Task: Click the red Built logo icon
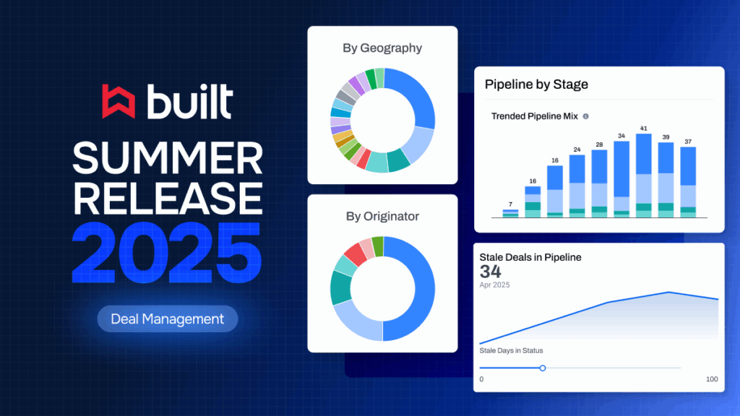119,101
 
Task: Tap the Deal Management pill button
168,318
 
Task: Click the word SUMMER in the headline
168,158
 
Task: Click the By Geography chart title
382,48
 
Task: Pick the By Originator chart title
382,217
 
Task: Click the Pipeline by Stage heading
536,84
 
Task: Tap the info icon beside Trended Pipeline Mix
585,116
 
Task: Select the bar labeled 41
644,175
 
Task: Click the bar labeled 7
511,214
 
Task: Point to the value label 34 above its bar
621,136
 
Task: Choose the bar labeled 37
688,182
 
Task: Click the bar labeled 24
577,186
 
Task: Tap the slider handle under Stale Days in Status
543,368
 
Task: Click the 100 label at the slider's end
712,379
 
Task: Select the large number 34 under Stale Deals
491,272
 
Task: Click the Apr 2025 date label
494,285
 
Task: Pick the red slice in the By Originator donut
356,254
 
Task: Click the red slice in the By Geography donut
363,160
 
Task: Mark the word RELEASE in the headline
168,199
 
